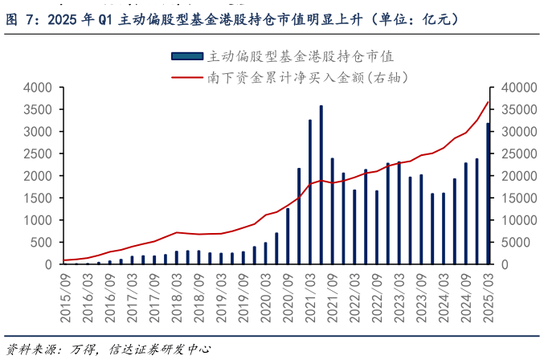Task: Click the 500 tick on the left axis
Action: tap(41, 242)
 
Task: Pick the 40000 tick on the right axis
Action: tap(517, 88)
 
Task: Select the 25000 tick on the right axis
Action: tap(517, 153)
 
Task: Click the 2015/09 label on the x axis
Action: tap(66, 297)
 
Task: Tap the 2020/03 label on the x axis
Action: tap(266, 297)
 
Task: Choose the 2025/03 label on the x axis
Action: tap(488, 297)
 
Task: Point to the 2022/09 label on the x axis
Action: tap(377, 297)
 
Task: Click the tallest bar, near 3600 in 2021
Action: tap(321, 185)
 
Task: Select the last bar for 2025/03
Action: tap(488, 194)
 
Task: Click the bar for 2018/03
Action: tap(177, 257)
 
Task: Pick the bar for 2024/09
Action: tap(465, 214)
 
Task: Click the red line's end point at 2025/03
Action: tap(488, 101)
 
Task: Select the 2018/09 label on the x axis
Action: tap(199, 297)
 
